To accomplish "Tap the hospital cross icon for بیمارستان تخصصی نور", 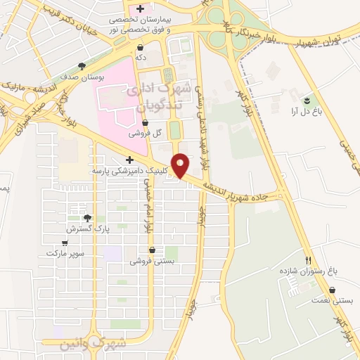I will click(x=141, y=9).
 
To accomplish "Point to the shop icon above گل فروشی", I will click(x=145, y=122).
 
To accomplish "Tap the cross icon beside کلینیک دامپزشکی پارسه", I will click(x=130, y=160).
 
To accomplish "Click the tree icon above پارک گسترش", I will click(x=88, y=219).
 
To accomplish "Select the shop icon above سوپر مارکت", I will click(x=65, y=243).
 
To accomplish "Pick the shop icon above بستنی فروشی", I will click(x=152, y=250).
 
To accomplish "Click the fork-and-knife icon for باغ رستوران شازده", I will click(x=308, y=259).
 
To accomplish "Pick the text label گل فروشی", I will click(x=146, y=133).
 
